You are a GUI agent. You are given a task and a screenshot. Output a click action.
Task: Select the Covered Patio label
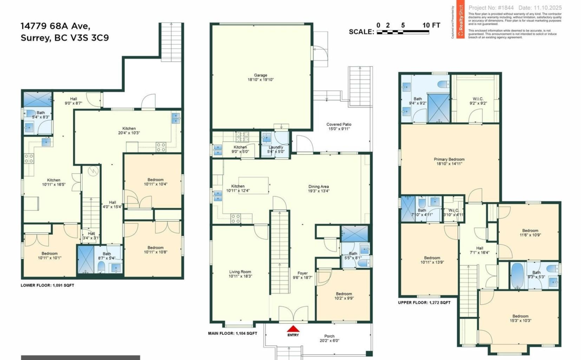[x=338, y=127]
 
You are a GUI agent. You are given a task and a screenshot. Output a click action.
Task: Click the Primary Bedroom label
[x=449, y=162]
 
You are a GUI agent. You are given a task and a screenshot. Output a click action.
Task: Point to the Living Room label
[x=241, y=274]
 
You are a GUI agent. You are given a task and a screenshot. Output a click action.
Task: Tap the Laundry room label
[x=275, y=149]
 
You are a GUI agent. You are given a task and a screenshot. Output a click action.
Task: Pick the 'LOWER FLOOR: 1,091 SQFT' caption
[x=47, y=285]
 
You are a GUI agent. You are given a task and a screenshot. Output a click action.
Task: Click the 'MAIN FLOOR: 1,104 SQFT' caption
[x=232, y=333]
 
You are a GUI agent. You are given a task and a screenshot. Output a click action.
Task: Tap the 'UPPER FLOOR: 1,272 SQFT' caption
[x=424, y=302]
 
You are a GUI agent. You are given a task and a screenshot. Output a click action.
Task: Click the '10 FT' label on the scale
[x=431, y=25]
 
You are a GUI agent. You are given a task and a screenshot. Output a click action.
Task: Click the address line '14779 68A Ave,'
[x=56, y=26]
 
